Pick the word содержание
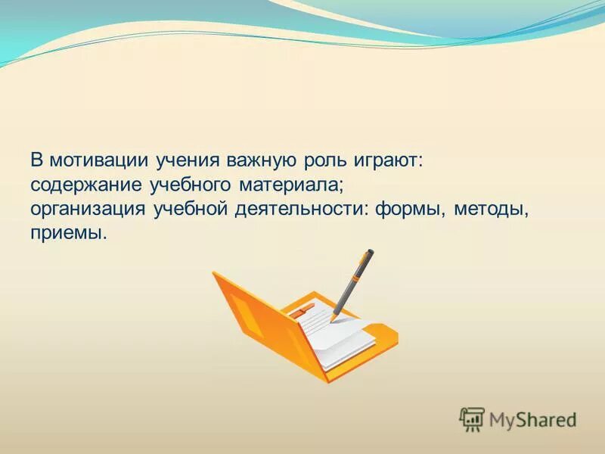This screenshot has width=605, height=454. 84,185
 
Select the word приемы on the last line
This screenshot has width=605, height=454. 69,233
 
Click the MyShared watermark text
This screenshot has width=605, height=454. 532,418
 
